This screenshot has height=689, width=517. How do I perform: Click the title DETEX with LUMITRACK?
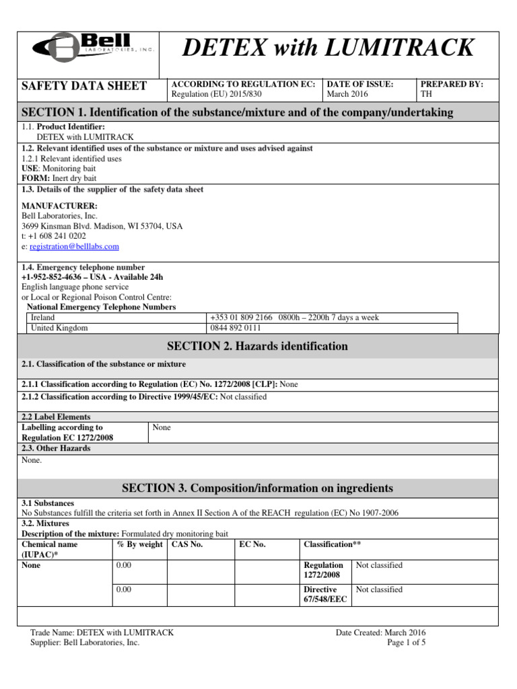[329, 48]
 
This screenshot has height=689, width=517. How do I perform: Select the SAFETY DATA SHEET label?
[84, 85]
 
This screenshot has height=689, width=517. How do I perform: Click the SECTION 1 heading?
[238, 112]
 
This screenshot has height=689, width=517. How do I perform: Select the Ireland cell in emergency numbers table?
[42, 318]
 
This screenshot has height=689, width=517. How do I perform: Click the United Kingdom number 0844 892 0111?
[234, 328]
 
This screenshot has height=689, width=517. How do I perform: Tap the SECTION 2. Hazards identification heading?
[258, 347]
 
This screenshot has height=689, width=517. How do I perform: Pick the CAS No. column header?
[187, 544]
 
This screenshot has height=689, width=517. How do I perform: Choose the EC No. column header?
[252, 544]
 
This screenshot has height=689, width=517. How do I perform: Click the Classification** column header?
[329, 544]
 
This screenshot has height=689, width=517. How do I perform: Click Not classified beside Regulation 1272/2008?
[379, 565]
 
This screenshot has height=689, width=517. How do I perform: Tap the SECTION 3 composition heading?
[258, 488]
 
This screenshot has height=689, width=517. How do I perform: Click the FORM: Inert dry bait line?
[59, 178]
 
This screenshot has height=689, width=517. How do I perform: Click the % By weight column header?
[139, 544]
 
